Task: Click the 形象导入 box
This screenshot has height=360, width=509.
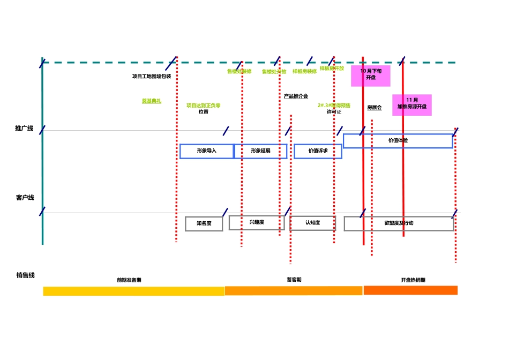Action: tap(206, 151)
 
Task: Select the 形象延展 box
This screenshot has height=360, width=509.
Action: tap(260, 151)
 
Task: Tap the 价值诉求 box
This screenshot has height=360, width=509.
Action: tap(318, 151)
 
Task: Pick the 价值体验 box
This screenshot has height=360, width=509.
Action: tap(398, 140)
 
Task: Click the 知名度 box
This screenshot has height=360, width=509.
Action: tap(204, 223)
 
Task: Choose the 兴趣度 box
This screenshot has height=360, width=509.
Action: tap(257, 222)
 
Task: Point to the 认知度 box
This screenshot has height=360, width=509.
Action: tap(312, 223)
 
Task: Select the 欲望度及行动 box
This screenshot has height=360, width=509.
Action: tap(399, 223)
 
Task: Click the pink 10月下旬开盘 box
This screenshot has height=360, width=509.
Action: tap(371, 75)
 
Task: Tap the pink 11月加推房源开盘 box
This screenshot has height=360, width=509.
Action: tap(411, 104)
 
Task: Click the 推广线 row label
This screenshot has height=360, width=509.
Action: tap(24, 129)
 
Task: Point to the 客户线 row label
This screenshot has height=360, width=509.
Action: tap(25, 198)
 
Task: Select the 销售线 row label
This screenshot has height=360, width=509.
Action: tap(25, 275)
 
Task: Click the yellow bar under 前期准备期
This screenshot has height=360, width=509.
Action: tap(133, 291)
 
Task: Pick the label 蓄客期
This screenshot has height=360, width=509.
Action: tap(294, 280)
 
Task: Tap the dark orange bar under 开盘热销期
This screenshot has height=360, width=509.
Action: tap(410, 290)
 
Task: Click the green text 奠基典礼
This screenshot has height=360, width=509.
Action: tap(151, 101)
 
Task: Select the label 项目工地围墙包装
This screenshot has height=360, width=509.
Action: tap(152, 76)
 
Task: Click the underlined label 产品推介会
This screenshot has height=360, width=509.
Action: tap(296, 96)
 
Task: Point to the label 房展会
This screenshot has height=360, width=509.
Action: tap(375, 108)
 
